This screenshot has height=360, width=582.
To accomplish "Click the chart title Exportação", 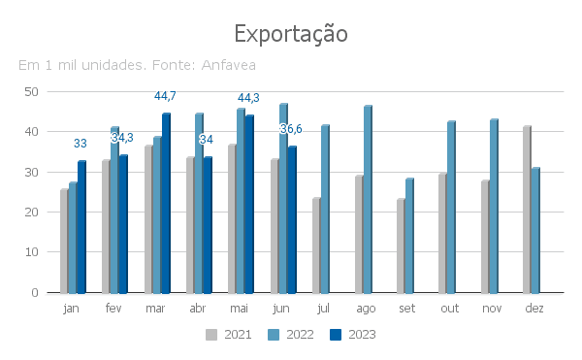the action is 291,34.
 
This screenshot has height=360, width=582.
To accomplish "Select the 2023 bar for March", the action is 166,203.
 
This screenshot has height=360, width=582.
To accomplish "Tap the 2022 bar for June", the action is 283,198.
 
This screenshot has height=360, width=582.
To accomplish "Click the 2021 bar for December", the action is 527,210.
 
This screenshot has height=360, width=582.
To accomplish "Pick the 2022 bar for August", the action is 368,199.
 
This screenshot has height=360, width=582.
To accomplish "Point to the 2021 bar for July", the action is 316,245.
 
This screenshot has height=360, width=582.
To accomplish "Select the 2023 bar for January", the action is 82,227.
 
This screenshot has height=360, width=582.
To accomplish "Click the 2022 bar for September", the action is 409,236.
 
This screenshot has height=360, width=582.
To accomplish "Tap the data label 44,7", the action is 165,96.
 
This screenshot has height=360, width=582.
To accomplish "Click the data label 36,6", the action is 291,129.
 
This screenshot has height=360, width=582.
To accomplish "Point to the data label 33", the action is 81,144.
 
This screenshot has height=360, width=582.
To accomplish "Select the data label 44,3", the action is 248,98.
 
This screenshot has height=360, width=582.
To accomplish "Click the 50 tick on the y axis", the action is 32,91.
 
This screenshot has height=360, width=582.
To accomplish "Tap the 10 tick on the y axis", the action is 32,252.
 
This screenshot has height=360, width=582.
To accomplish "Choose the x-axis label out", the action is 450,309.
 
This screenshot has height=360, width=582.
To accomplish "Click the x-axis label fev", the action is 113,309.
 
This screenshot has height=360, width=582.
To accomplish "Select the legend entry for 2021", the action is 229,335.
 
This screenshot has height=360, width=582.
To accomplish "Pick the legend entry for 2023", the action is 353,335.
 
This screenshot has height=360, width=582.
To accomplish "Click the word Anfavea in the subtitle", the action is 229,65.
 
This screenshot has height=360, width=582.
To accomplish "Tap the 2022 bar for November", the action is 494,206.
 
